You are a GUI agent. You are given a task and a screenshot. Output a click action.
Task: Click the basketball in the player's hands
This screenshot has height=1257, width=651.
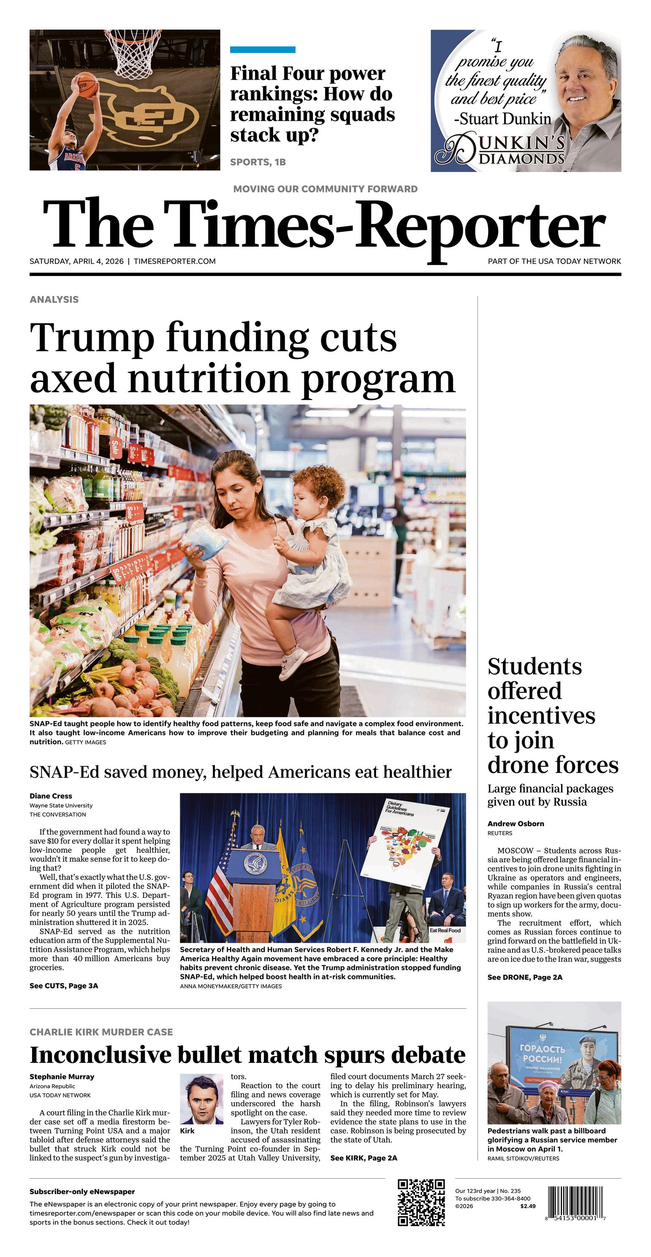(x=87, y=84)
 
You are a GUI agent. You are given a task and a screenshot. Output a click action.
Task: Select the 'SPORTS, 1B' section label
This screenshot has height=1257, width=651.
(x=258, y=162)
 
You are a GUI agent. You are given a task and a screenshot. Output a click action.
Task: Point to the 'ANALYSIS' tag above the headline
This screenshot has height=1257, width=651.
(x=54, y=300)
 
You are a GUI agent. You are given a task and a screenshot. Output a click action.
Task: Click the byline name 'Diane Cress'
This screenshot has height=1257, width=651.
(x=51, y=796)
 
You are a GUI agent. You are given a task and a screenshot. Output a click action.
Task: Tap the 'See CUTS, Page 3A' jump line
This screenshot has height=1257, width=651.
(x=63, y=986)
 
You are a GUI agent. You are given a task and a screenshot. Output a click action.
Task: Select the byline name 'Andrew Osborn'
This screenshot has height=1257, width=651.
(x=516, y=824)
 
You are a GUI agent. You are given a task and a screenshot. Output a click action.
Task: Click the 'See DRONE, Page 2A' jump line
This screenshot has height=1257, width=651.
(x=524, y=977)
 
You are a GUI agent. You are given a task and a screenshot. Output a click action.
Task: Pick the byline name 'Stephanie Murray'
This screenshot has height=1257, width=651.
(x=62, y=1076)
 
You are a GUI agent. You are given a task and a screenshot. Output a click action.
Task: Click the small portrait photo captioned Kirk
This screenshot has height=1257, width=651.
(x=201, y=1099)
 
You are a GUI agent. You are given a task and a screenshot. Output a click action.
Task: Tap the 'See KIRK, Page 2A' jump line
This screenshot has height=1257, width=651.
(x=363, y=1158)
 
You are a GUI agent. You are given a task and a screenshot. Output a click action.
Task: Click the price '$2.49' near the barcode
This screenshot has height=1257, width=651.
(x=527, y=1206)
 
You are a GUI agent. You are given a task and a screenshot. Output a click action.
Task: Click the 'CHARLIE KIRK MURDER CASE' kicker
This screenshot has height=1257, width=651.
(x=101, y=1032)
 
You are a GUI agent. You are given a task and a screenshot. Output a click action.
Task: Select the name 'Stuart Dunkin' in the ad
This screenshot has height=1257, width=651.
(x=505, y=119)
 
